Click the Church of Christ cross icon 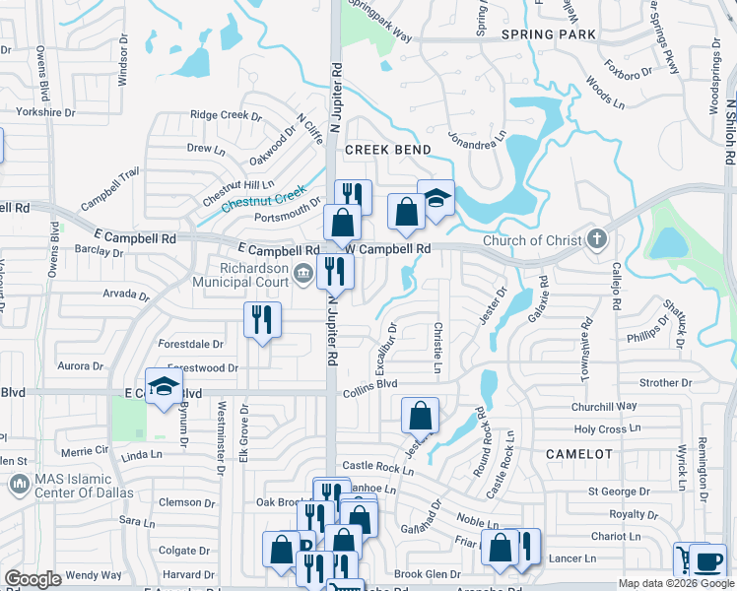click(x=596, y=239)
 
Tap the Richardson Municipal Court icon click(x=304, y=275)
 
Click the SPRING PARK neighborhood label click(x=549, y=34)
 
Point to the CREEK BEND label click(x=387, y=150)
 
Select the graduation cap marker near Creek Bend click(x=435, y=197)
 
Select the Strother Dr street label click(x=665, y=383)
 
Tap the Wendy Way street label click(x=95, y=574)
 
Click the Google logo click(x=33, y=579)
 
